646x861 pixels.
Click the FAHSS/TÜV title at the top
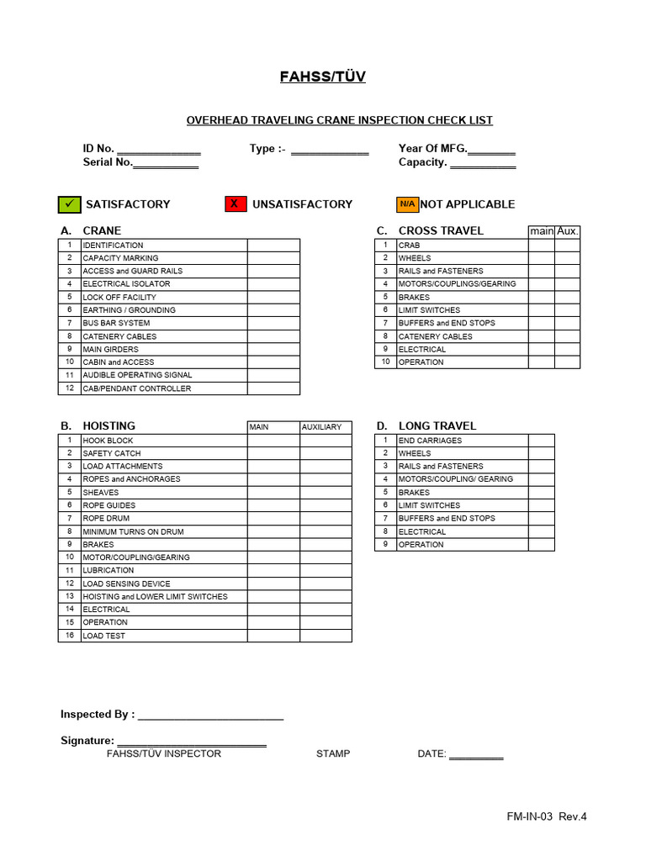point(323,77)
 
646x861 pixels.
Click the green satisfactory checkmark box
point(69,204)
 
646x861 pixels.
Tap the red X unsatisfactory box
point(236,204)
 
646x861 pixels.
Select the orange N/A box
point(407,204)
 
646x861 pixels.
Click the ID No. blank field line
point(158,151)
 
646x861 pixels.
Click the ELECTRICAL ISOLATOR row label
point(126,284)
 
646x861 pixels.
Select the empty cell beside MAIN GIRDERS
point(273,349)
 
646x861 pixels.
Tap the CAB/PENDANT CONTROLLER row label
point(136,388)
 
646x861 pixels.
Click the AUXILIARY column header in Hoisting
point(321,427)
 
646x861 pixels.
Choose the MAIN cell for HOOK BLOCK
point(273,441)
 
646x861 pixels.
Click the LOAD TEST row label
point(104,636)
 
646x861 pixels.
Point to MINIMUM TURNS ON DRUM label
point(133,531)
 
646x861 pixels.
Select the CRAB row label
point(409,246)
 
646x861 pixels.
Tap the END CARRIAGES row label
point(430,441)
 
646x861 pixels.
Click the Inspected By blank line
point(210,716)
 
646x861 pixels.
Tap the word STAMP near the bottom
point(333,754)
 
